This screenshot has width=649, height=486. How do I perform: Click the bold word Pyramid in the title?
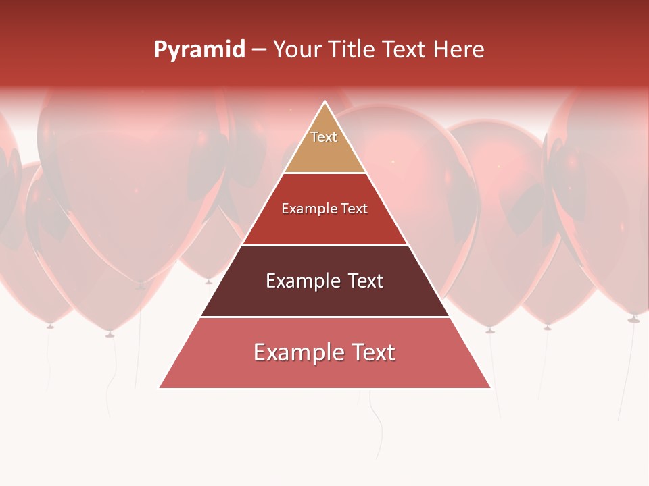click(x=199, y=50)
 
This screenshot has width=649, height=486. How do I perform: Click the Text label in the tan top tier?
click(x=324, y=137)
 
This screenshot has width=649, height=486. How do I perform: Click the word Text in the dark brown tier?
click(x=366, y=281)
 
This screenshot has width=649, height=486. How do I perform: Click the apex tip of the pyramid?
click(x=325, y=102)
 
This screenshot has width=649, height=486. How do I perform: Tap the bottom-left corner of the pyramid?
click(x=160, y=387)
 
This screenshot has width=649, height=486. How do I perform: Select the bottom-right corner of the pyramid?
click(x=489, y=387)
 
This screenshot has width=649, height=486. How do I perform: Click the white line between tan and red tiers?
click(x=324, y=173)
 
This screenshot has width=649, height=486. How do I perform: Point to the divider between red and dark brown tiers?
click(x=324, y=245)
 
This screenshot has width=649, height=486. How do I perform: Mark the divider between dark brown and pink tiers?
click(x=324, y=317)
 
